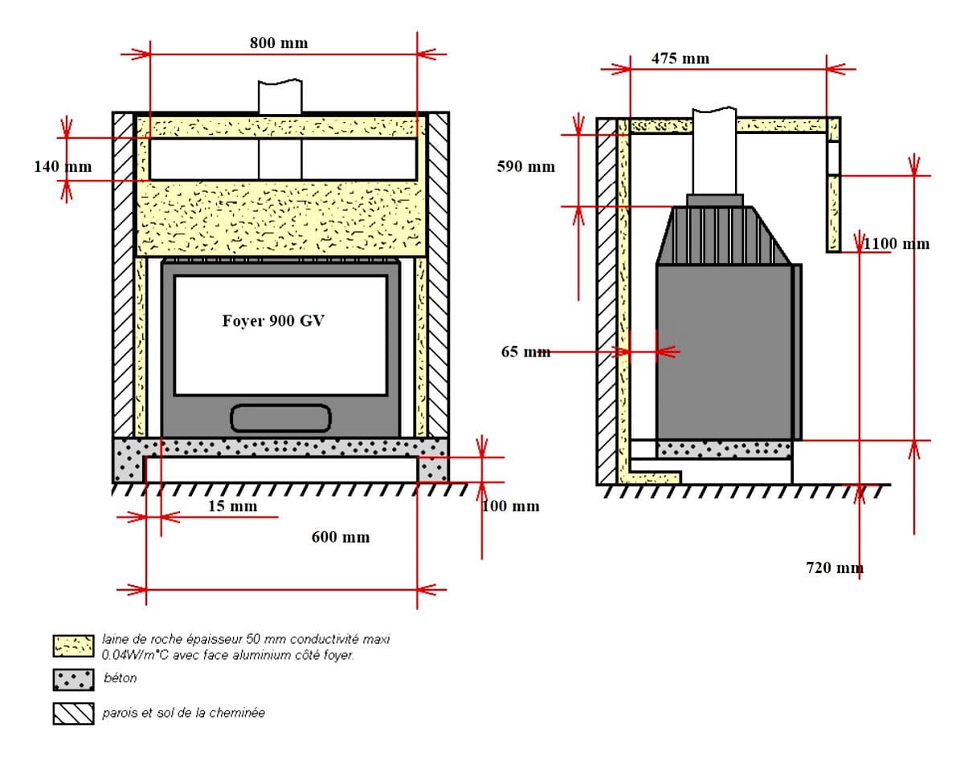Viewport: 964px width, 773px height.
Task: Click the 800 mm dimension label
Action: pyautogui.click(x=278, y=43)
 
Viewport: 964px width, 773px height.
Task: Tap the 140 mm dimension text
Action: pyautogui.click(x=63, y=167)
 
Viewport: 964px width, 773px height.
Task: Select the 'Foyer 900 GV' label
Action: pyautogui.click(x=274, y=321)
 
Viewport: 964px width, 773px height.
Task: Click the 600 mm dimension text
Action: pyautogui.click(x=341, y=537)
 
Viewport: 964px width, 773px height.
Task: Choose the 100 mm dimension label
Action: pyautogui.click(x=511, y=507)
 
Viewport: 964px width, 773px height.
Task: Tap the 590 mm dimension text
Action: pyautogui.click(x=525, y=167)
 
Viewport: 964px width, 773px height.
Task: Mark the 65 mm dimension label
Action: pyautogui.click(x=526, y=352)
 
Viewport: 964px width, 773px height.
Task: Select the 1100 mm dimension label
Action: pyautogui.click(x=897, y=244)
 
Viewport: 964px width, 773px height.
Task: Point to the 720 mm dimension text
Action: pyautogui.click(x=835, y=568)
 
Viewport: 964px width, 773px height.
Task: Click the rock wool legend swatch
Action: pyautogui.click(x=73, y=645)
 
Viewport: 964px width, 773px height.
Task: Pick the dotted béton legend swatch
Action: pyautogui.click(x=73, y=679)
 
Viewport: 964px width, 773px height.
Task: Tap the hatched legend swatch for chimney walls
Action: pyautogui.click(x=73, y=713)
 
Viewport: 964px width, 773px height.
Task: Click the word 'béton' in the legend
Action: pyautogui.click(x=120, y=678)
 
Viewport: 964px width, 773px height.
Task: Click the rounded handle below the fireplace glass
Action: pyautogui.click(x=280, y=417)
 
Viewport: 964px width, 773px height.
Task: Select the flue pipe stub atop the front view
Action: pyautogui.click(x=280, y=96)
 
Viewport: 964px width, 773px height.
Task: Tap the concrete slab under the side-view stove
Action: pyautogui.click(x=723, y=449)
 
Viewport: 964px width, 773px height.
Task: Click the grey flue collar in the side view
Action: pyautogui.click(x=714, y=200)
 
